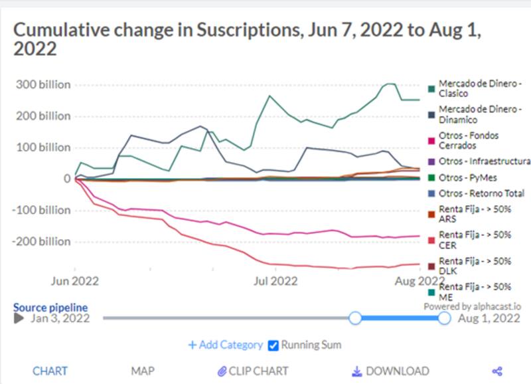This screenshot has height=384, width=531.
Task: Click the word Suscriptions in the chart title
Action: (248, 30)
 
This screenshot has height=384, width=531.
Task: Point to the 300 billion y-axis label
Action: (43, 84)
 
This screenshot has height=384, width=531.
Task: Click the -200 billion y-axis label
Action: (41, 242)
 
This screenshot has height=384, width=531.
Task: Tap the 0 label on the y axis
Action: (67, 179)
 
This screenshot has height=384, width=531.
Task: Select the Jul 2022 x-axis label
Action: (275, 281)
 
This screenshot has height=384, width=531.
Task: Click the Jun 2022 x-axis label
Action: (75, 281)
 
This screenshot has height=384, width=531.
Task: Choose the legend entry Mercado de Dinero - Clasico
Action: (475, 88)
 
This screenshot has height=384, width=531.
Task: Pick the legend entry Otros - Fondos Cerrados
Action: (463, 141)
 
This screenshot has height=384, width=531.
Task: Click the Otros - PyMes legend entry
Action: (463, 177)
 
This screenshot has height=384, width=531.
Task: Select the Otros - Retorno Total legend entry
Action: (476, 193)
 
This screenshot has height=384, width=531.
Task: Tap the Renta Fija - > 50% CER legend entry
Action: (470, 240)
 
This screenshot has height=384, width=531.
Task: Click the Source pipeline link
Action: (50, 308)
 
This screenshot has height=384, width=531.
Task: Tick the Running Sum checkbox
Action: (273, 345)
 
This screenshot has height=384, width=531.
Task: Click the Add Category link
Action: (226, 345)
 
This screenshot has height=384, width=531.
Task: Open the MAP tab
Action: (143, 371)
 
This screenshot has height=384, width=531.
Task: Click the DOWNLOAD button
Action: (390, 371)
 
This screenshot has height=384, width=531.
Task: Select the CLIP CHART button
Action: (253, 371)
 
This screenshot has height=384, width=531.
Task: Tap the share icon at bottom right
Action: (497, 371)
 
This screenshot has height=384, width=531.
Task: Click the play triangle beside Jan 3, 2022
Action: (19, 318)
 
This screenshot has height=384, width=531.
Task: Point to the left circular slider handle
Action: (355, 318)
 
